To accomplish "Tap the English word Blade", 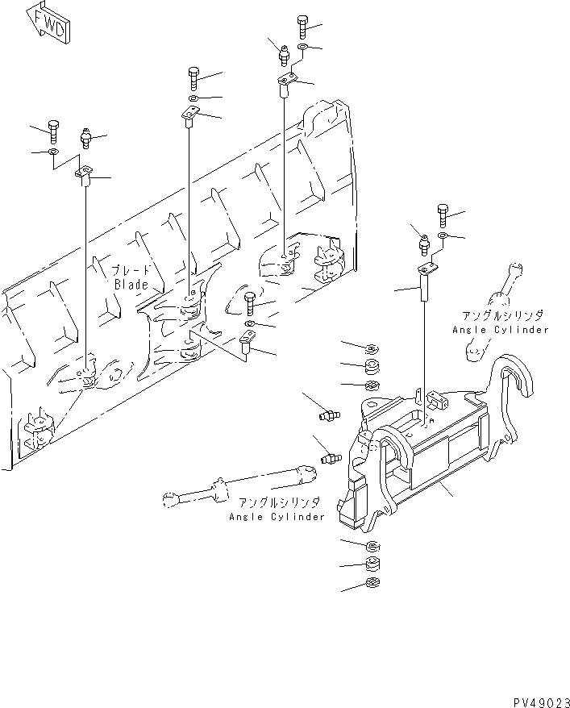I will pyautogui.click(x=130, y=284).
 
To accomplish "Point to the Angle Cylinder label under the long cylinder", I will pyautogui.click(x=277, y=516).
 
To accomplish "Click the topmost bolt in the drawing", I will pyautogui.click(x=302, y=26).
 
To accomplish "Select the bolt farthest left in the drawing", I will pyautogui.click(x=53, y=130).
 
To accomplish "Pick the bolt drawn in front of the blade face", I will pyautogui.click(x=250, y=303).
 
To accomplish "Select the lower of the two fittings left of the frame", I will pyautogui.click(x=328, y=459).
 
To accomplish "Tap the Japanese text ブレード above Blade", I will pyautogui.click(x=129, y=271).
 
